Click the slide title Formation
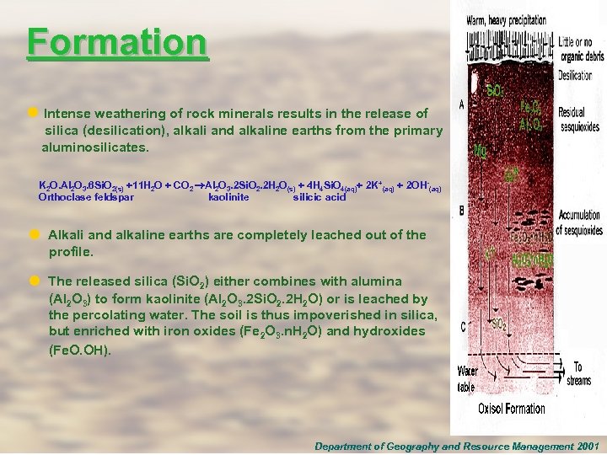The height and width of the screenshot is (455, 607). pos(116,41)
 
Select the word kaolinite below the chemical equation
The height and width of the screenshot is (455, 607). pos(228,197)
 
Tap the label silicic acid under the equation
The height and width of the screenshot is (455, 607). pos(320,197)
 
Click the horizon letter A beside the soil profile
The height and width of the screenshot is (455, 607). pos(461,104)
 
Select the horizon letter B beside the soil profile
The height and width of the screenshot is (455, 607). pos(461,210)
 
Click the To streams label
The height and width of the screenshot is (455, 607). pos(580,373)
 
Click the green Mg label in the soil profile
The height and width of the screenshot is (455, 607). pos(480,152)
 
